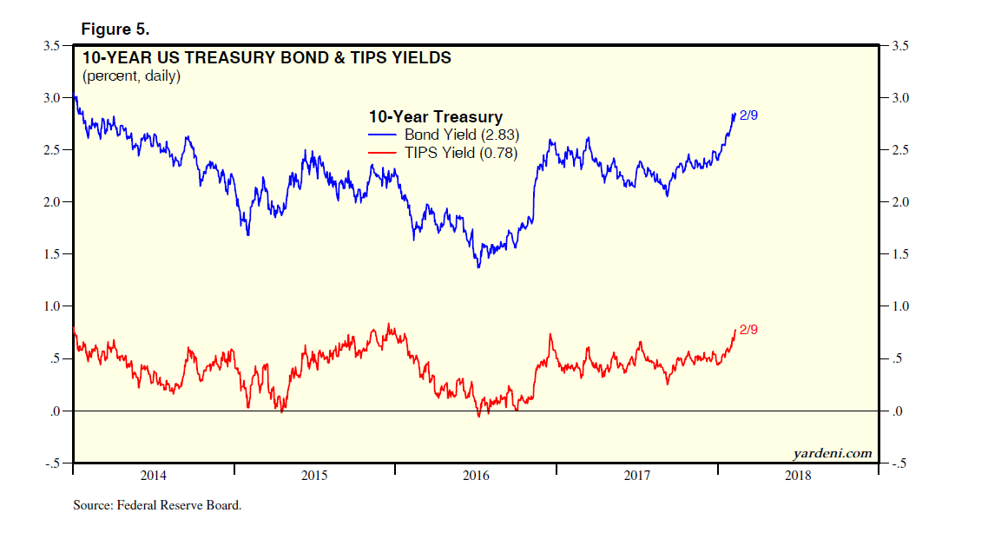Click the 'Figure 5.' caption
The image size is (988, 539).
pyautogui.click(x=115, y=29)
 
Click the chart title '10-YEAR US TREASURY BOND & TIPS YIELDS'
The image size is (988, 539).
pyautogui.click(x=267, y=59)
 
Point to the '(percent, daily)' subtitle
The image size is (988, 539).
pyautogui.click(x=131, y=76)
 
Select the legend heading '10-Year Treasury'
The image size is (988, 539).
pyautogui.click(x=435, y=117)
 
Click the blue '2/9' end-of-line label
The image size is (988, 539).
pyautogui.click(x=749, y=115)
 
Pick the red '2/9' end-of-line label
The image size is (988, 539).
pyautogui.click(x=749, y=329)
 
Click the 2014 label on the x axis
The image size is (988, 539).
pyautogui.click(x=153, y=476)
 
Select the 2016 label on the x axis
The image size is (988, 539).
pyautogui.click(x=476, y=476)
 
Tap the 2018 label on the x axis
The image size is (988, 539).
pyautogui.click(x=797, y=476)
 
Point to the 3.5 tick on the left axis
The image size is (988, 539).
pyautogui.click(x=51, y=46)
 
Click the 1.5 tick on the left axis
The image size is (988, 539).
pyautogui.click(x=51, y=254)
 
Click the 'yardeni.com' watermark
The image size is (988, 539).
pyautogui.click(x=832, y=452)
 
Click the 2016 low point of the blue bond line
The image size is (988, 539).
pyautogui.click(x=478, y=266)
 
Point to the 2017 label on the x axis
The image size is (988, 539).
pyautogui.click(x=636, y=476)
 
